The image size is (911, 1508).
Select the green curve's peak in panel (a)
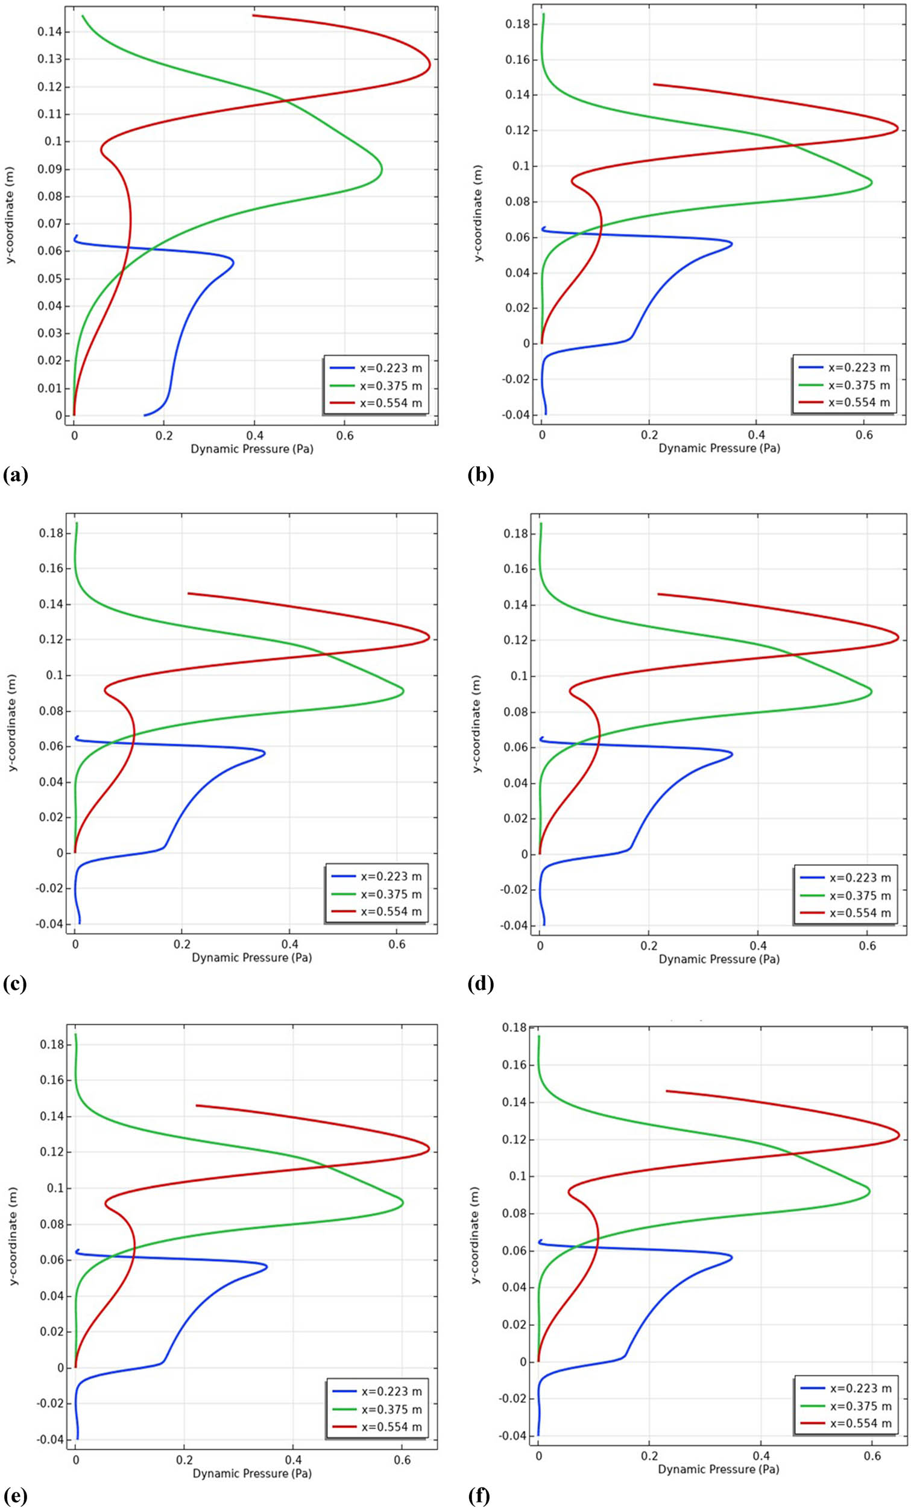point(382,169)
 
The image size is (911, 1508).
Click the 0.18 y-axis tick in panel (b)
point(517,25)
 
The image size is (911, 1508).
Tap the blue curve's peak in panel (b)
point(732,244)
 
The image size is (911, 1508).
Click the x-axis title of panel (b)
point(719,449)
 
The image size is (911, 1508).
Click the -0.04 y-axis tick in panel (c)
point(51,923)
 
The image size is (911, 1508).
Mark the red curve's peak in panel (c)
point(429,638)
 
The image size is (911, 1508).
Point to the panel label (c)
point(14,983)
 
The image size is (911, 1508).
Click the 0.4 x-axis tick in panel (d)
point(757,946)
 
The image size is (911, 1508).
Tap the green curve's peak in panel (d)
point(871,692)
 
